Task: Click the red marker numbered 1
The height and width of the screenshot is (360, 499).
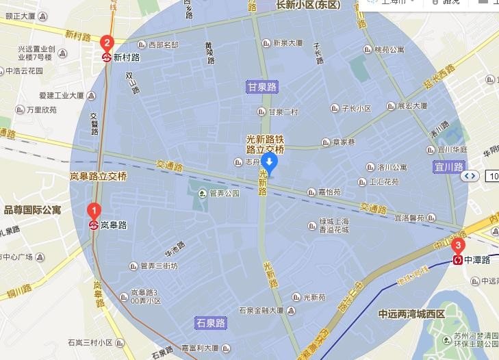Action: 95,211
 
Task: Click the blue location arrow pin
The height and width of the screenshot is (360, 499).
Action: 270,163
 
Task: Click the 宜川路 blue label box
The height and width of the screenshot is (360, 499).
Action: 449,166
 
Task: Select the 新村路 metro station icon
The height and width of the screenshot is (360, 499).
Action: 107,57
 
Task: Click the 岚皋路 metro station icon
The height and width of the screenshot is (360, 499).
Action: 94,224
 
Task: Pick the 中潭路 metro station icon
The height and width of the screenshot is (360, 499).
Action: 457,260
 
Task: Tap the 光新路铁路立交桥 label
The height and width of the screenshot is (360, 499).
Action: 265,144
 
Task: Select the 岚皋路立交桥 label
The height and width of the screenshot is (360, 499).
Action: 98,176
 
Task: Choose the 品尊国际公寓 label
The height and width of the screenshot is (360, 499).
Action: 32,209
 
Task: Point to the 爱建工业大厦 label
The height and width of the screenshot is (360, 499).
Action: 66,95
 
